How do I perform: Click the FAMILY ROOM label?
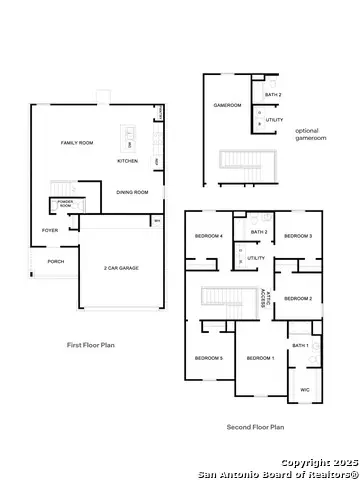(x=77, y=144)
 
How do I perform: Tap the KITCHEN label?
(x=128, y=161)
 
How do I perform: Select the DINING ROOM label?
(x=132, y=192)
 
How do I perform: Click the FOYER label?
(x=49, y=230)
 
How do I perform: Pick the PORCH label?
(x=55, y=262)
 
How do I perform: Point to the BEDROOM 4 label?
(x=208, y=236)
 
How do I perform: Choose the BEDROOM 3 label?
(x=298, y=236)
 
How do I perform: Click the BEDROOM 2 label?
(x=298, y=299)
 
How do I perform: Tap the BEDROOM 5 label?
(x=208, y=358)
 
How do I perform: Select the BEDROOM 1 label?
(x=260, y=358)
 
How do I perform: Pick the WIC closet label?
(x=305, y=390)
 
